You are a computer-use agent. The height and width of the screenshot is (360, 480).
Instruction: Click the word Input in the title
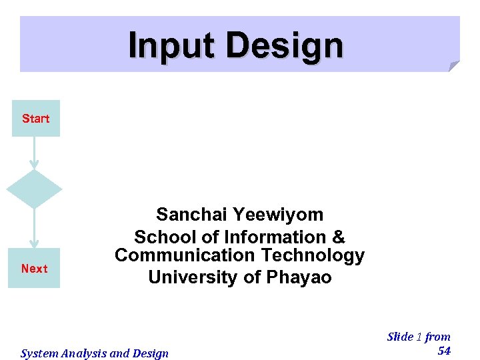point(172,46)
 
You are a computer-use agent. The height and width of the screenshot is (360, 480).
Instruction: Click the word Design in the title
point(285,46)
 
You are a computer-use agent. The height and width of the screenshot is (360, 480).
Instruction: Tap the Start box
point(36,119)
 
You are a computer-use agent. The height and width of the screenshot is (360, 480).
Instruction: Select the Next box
point(34,269)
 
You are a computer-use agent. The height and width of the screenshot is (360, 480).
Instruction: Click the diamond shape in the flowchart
point(34,189)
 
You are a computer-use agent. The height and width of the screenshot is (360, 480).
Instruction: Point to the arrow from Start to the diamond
point(34,153)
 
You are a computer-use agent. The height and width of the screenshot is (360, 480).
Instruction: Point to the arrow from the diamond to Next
point(34,228)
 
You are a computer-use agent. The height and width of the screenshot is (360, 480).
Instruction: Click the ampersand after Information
point(339,237)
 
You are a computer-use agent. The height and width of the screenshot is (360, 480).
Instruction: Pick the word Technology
point(313,255)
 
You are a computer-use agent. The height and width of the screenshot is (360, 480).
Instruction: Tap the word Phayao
point(299,277)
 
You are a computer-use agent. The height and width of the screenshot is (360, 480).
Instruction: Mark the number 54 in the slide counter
point(444,351)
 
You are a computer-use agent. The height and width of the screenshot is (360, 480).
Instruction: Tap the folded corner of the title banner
point(453,66)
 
